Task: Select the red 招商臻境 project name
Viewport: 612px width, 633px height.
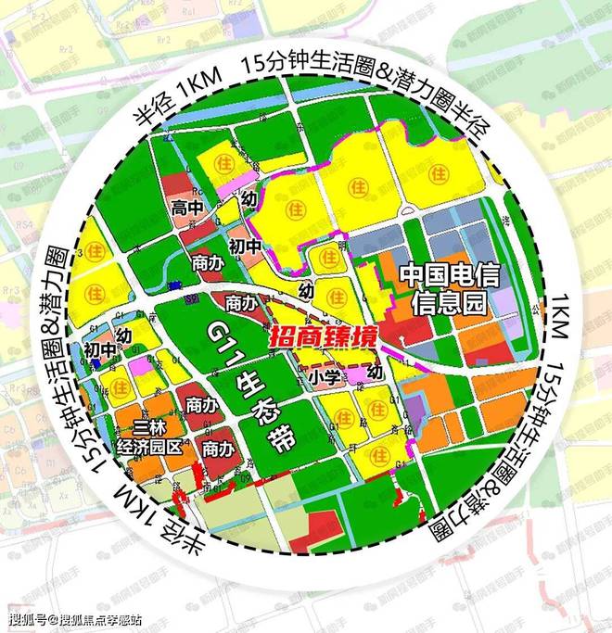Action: click(x=323, y=338)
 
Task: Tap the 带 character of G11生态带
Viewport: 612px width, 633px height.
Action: click(x=272, y=438)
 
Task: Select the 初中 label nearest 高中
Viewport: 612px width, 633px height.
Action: click(x=220, y=247)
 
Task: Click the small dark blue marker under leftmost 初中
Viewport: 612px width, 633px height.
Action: click(x=96, y=364)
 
